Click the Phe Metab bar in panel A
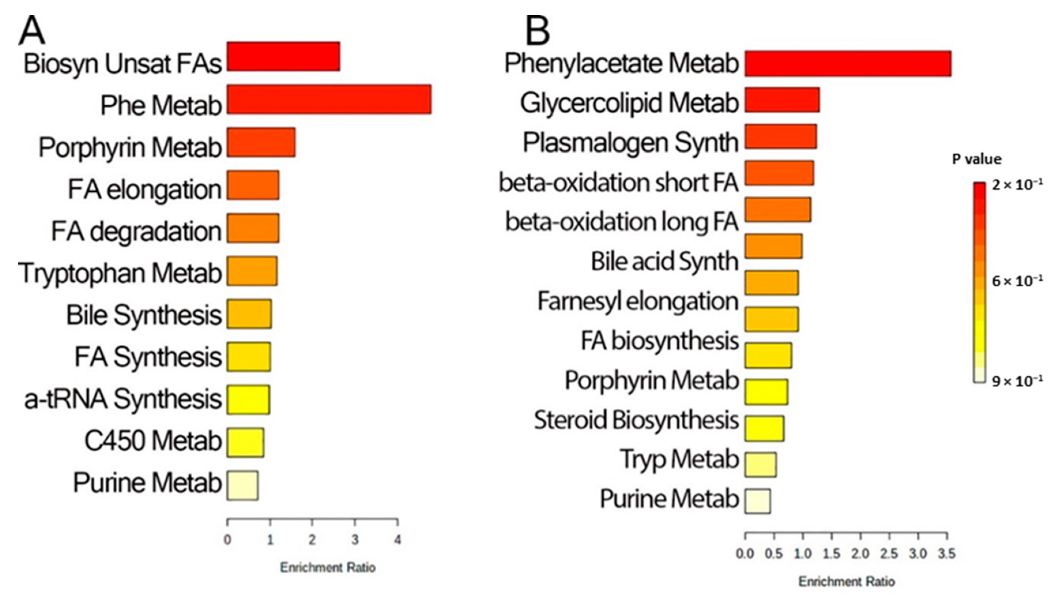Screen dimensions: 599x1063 (329, 99)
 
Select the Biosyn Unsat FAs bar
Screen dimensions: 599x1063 (284, 57)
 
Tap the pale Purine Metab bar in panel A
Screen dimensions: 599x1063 (243, 485)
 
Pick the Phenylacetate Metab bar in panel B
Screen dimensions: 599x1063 (848, 63)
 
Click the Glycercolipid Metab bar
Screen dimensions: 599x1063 (782, 100)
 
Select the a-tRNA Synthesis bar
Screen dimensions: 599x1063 (248, 400)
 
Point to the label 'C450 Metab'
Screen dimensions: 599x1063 (153, 441)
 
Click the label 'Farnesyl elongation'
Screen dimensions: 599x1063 (638, 301)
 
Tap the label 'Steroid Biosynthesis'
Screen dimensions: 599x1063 (636, 420)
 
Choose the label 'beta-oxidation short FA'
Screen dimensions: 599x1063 (618, 183)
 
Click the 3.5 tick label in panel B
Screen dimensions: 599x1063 (947, 553)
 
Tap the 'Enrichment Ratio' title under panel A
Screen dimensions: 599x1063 (328, 568)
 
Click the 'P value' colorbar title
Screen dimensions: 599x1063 (976, 159)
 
